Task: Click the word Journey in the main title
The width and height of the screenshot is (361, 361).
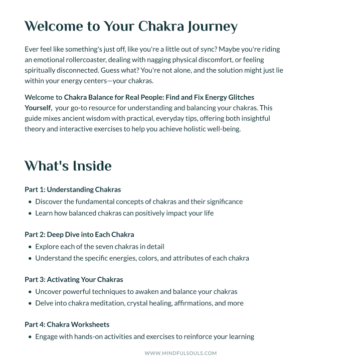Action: (x=212, y=27)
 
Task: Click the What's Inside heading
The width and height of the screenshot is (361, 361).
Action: (x=68, y=166)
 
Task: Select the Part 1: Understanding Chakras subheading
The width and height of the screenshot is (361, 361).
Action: (x=73, y=190)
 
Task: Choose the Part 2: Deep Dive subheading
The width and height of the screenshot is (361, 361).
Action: (x=79, y=234)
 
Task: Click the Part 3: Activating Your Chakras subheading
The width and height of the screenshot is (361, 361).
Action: (x=74, y=279)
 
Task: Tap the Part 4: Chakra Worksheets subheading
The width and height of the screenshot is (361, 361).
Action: (x=67, y=324)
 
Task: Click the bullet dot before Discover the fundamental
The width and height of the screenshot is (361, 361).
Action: (x=30, y=202)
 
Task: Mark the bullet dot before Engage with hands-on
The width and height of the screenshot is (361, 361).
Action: (x=30, y=337)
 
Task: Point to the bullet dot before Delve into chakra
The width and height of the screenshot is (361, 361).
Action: (x=30, y=303)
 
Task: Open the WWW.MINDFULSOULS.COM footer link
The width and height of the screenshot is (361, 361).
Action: (x=180, y=353)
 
